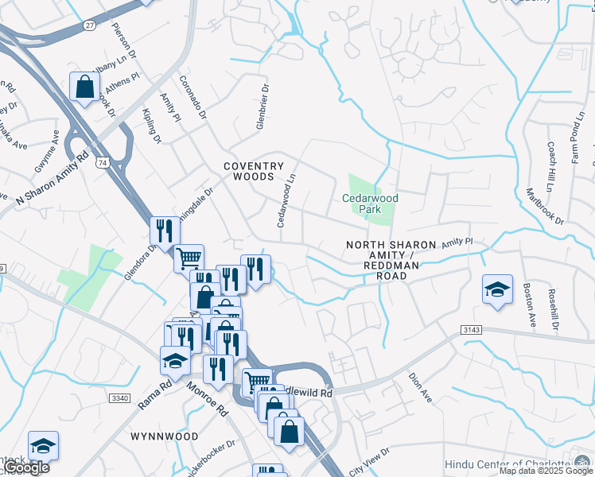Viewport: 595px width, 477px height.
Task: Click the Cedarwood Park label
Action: click(370, 204)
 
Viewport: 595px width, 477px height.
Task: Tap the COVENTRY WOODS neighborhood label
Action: click(253, 171)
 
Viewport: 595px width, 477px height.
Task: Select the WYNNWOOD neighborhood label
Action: click(165, 436)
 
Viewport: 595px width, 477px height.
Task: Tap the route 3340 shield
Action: click(119, 397)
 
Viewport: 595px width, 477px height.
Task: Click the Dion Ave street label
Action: click(419, 388)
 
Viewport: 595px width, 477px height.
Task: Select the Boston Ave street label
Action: click(529, 305)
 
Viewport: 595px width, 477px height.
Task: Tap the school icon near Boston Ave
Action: click(497, 289)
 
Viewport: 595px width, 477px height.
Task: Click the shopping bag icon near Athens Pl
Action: click(84, 87)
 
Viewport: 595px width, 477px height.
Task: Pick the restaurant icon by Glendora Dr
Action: click(165, 231)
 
